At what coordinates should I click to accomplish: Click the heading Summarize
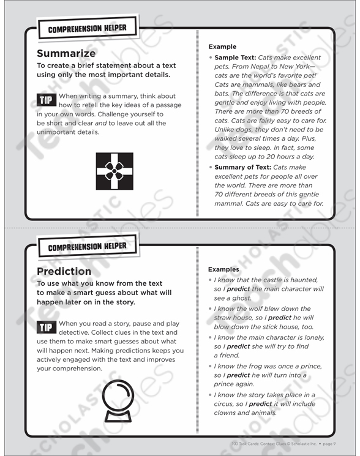[66, 53]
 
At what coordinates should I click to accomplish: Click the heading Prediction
[64, 271]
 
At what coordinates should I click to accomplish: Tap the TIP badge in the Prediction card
[46, 327]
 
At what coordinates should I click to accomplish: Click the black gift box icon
[114, 171]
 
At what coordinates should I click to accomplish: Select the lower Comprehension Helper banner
[86, 246]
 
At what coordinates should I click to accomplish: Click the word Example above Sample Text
[222, 47]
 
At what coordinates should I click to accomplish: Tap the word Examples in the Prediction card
[224, 269]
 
